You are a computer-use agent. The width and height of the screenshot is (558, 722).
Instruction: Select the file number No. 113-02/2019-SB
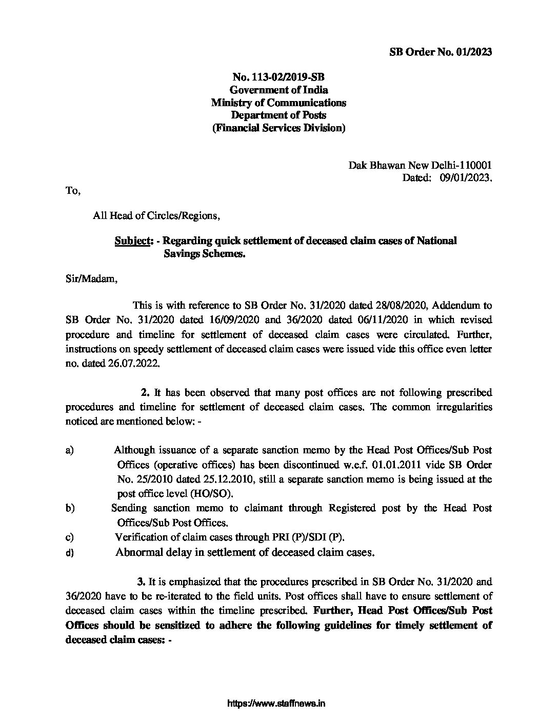(278, 77)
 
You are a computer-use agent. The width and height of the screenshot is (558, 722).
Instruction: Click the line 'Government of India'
(278, 90)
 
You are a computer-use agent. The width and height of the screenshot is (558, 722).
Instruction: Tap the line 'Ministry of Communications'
(278, 103)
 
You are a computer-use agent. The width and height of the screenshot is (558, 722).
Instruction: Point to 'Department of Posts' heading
(278, 115)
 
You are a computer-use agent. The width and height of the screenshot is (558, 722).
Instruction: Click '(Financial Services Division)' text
(278, 128)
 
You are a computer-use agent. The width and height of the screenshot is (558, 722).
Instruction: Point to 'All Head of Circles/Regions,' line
(156, 215)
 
